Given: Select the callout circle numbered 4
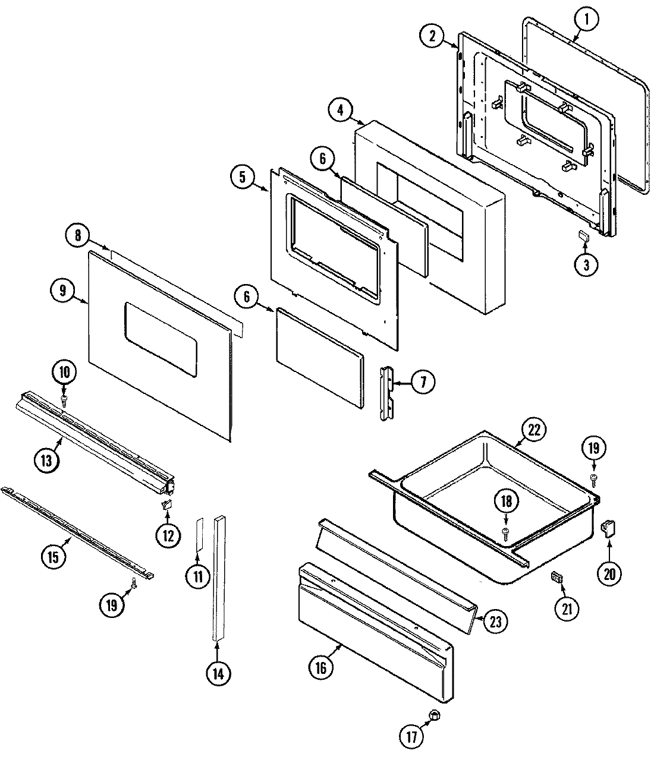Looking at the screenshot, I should [340, 111].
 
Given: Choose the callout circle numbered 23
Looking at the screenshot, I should [495, 621].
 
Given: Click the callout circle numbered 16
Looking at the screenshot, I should [320, 667].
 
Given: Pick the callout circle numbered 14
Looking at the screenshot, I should [218, 673].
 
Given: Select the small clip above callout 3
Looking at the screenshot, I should [583, 236].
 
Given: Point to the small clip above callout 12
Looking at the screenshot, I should [166, 505].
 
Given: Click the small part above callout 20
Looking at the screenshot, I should [608, 527].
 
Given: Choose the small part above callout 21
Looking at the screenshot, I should [557, 576].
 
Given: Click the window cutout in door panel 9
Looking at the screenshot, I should [160, 339].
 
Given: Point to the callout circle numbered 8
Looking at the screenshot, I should [78, 235].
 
